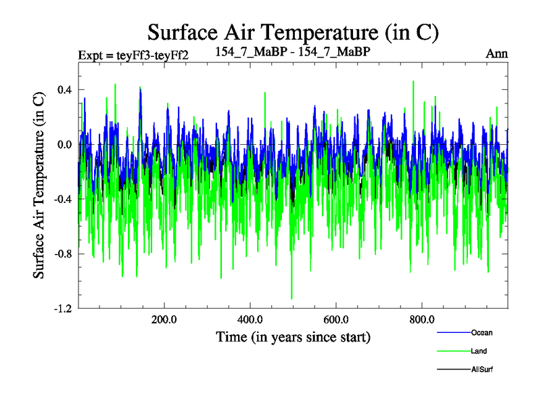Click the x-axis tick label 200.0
pyautogui.click(x=164, y=320)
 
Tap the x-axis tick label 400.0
pyautogui.click(x=250, y=320)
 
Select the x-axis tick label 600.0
pyautogui.click(x=335, y=320)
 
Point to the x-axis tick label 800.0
pyautogui.click(x=421, y=320)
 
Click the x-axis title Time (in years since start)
pyautogui.click(x=293, y=336)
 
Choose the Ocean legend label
pyautogui.click(x=482, y=332)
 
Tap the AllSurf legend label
pyautogui.click(x=483, y=370)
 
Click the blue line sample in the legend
pyautogui.click(x=453, y=333)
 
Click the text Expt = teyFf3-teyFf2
pyautogui.click(x=133, y=55)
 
